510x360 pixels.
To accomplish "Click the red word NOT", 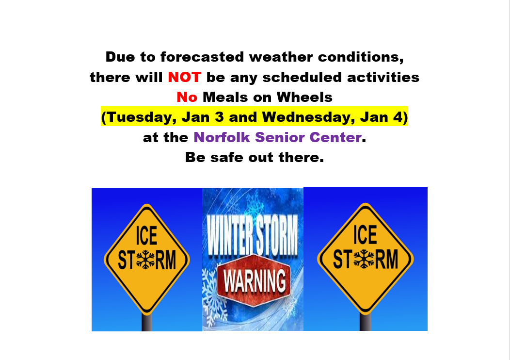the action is tap(184, 78).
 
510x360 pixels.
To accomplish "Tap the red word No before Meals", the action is tap(187, 98).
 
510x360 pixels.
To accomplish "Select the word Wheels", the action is tap(304, 98).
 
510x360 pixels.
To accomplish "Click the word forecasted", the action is tap(202, 57).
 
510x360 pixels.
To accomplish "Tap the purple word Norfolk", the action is tap(222, 137).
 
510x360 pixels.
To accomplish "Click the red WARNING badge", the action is tap(254, 280).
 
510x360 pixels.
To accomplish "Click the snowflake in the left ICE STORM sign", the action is tap(145, 260).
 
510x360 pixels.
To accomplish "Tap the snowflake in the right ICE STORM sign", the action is tap(364, 259).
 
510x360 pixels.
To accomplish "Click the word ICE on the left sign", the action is tap(146, 236).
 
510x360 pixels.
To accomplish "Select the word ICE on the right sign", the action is tap(365, 234).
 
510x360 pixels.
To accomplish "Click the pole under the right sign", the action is tap(366, 322).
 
